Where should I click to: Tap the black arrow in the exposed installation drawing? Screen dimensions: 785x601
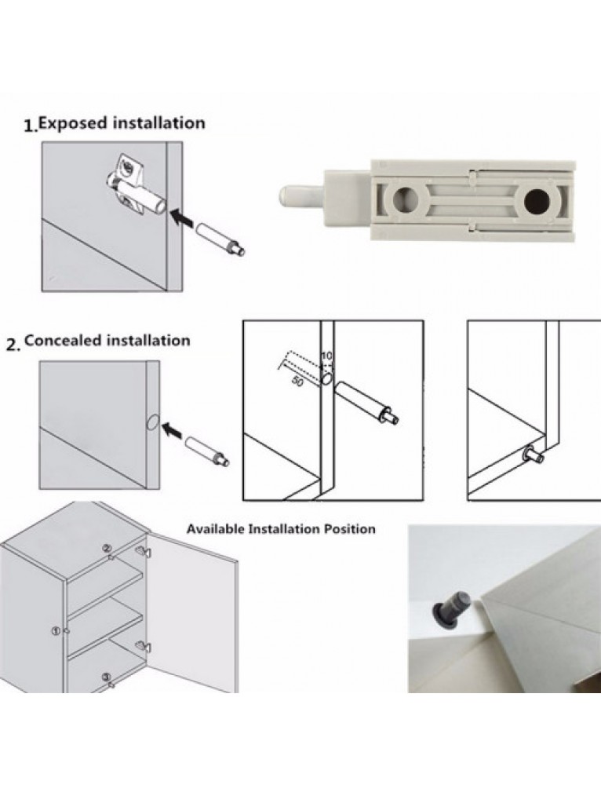pos(183,215)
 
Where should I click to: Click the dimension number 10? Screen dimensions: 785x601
pos(326,356)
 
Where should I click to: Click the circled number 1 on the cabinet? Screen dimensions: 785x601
pos(56,630)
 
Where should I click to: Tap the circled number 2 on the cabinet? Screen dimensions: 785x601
pos(108,547)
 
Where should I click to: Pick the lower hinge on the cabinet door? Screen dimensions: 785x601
pos(143,647)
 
